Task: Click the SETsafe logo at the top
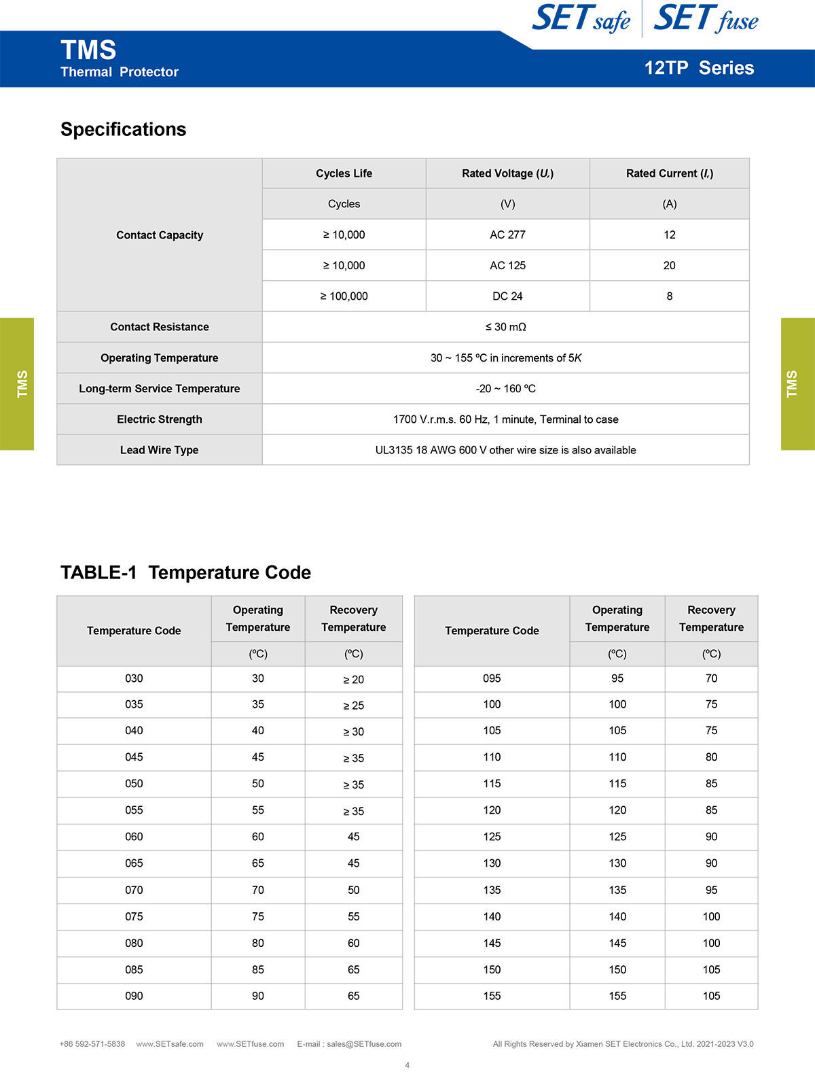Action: (x=581, y=18)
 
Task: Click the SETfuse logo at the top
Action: (x=706, y=18)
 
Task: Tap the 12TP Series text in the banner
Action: (x=699, y=68)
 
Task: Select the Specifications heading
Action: (x=123, y=129)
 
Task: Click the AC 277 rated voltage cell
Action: (x=507, y=235)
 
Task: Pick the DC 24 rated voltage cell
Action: (x=507, y=296)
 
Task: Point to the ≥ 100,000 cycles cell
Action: (x=344, y=296)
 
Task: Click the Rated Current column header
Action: (x=669, y=173)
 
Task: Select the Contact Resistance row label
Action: (x=160, y=327)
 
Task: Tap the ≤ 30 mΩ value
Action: (x=505, y=327)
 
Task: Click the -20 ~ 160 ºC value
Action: (x=505, y=389)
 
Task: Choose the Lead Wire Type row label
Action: (x=160, y=450)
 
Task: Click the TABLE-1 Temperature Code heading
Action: (x=185, y=572)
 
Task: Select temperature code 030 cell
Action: (x=134, y=678)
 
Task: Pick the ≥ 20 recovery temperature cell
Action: (x=353, y=679)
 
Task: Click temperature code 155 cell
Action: (x=492, y=996)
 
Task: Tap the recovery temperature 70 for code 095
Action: (x=711, y=678)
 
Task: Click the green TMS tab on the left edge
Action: (x=17, y=384)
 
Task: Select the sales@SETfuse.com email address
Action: (x=364, y=1044)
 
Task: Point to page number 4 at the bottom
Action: (x=407, y=1065)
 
